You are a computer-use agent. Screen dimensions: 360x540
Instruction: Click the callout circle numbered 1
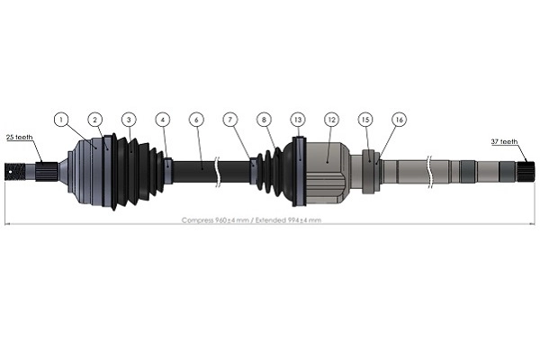[x=61, y=119]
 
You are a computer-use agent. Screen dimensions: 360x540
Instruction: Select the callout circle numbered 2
[x=95, y=119]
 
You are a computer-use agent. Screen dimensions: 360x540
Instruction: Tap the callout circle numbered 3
[x=129, y=119]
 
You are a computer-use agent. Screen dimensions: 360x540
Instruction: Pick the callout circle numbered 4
[x=162, y=119]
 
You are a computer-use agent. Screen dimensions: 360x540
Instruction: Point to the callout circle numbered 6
[x=196, y=119]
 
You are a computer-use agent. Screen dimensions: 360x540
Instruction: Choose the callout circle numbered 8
[x=264, y=119]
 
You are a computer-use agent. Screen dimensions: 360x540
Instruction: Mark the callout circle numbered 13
[x=298, y=119]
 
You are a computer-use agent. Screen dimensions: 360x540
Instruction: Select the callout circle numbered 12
[x=331, y=119]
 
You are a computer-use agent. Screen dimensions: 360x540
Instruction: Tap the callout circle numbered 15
[x=364, y=119]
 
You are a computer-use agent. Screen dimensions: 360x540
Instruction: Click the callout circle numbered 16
[x=399, y=119]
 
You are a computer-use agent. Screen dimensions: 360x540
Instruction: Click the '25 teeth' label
[x=19, y=137]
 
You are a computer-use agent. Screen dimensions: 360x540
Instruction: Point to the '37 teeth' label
[x=505, y=141]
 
